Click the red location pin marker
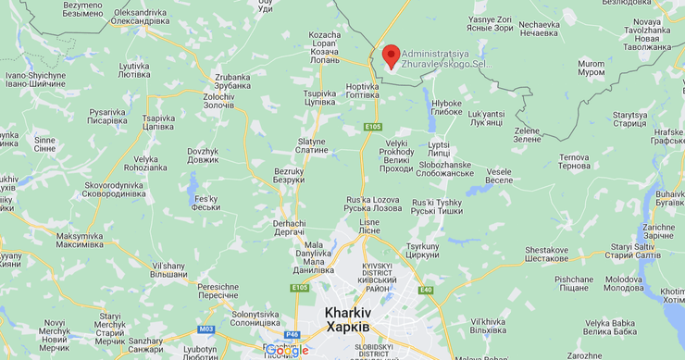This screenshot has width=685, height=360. (391, 56)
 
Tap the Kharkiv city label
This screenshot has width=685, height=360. (348, 319)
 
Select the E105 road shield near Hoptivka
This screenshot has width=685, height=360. (373, 126)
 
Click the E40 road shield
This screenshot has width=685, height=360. (426, 290)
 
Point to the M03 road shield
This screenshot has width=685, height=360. (205, 329)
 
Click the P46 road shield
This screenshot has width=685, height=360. (293, 334)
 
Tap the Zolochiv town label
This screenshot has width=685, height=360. (218, 101)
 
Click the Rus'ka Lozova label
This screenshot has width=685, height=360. (371, 205)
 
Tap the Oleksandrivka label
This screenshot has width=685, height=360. (141, 18)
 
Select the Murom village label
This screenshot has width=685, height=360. (591, 68)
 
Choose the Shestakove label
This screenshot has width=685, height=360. (546, 254)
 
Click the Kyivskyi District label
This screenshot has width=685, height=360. (378, 277)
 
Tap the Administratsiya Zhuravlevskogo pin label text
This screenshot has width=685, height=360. (443, 58)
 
